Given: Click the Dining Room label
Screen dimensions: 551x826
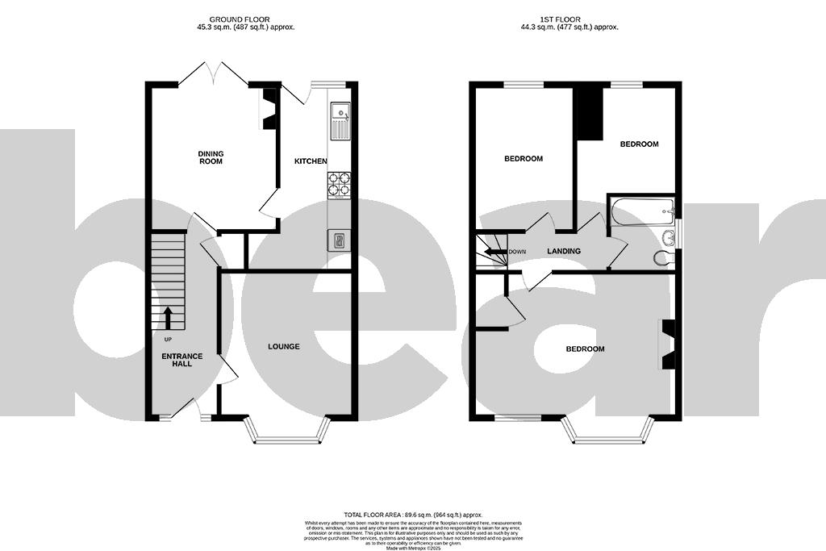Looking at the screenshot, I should pos(211,157).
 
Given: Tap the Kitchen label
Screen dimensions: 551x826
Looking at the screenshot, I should pos(311,161).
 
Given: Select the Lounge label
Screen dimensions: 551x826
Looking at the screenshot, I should pos(284,346).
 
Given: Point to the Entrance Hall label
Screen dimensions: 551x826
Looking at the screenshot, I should pos(182,360).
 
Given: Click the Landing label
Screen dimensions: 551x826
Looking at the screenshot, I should pos(564,251).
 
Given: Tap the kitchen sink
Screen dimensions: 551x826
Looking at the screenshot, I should pos(340,120).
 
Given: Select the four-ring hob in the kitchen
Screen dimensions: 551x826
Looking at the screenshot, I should pos(340,185).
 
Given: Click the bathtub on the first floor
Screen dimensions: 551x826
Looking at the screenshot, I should pos(642,213).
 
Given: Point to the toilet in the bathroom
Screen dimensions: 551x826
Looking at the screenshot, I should pos(662,257).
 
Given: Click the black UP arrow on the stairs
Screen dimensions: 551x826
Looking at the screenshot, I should pos(168,318).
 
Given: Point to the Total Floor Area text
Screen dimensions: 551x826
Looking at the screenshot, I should pos(412,515).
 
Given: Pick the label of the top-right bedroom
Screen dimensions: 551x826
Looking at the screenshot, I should pos(639,144).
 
